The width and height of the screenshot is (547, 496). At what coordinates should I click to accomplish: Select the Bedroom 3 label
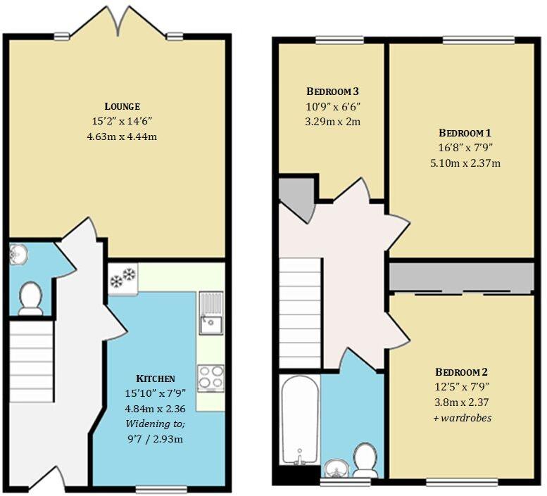(333, 91)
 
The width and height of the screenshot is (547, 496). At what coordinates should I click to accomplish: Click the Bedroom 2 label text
(461, 372)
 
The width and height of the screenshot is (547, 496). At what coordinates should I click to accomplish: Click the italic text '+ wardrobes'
(461, 418)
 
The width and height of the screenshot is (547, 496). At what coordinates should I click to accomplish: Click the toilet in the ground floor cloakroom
(30, 298)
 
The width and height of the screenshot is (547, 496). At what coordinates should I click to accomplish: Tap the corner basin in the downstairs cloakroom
(17, 255)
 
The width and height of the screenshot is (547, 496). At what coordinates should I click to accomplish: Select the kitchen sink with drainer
(210, 314)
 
